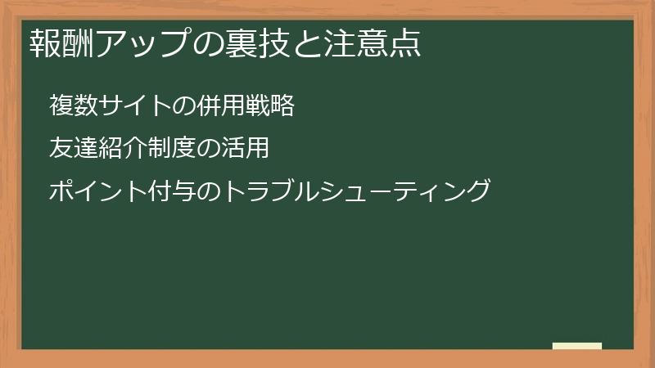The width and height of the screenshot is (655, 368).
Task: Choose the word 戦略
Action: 271,106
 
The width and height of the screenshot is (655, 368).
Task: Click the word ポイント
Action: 99,191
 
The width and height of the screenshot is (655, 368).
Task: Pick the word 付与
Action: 171,191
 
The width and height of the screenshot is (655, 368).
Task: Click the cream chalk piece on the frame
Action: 577,346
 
